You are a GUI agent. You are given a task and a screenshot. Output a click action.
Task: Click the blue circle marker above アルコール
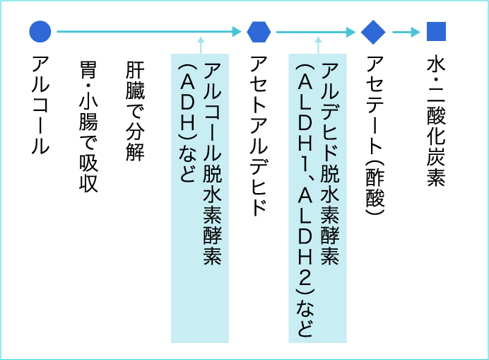pos(40,31)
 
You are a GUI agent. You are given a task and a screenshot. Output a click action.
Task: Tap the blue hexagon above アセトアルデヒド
pos(259,31)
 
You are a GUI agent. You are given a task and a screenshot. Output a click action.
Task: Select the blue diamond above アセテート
pos(372,31)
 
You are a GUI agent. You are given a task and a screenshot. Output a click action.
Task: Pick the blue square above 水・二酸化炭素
pos(436,31)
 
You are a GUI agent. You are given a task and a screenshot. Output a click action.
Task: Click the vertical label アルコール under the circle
pos(40,107)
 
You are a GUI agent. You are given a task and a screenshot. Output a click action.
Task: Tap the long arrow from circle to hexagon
pos(148,31)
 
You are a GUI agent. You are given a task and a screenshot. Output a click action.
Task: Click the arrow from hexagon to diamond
pos(315,31)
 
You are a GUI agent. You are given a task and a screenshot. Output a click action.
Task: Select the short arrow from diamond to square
pos(406,31)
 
